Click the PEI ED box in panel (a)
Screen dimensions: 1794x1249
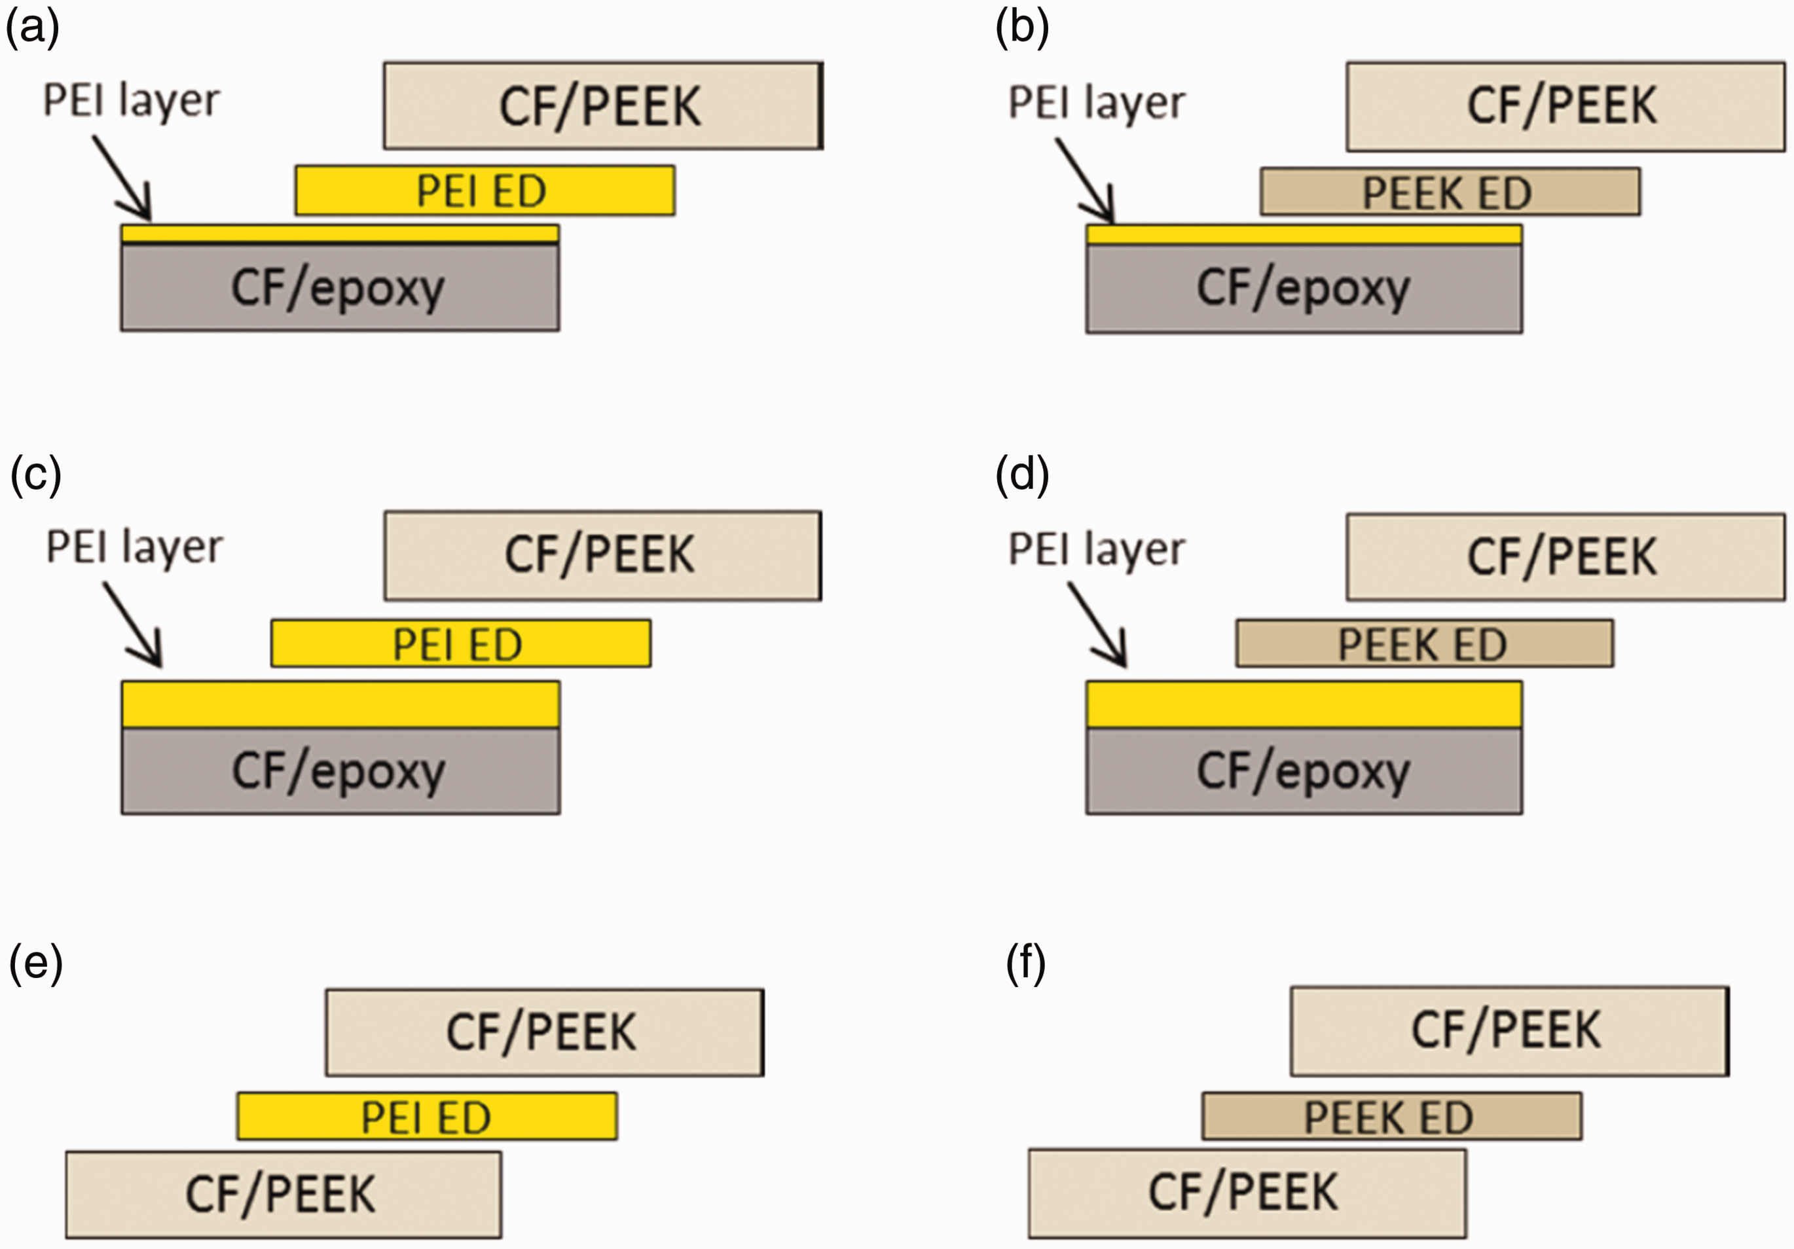tap(485, 190)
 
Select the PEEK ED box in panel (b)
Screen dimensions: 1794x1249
tap(1450, 191)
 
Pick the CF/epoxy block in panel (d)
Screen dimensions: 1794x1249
tap(1304, 771)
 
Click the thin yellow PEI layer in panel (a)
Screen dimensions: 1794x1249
tap(340, 234)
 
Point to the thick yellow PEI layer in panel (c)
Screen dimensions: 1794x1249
tap(340, 704)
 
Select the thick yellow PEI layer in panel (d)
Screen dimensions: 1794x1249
tap(1304, 704)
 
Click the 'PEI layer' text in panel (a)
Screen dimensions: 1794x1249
tap(131, 101)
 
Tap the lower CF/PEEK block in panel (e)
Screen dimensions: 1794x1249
tap(284, 1194)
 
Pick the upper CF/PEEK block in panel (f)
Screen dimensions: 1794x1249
tap(1510, 1031)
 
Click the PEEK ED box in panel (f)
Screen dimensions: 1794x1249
tap(1391, 1116)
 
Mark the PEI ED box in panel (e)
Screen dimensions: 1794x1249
tap(428, 1116)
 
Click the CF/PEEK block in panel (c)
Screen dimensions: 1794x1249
tap(602, 555)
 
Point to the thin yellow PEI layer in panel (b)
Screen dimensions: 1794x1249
tap(1304, 234)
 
